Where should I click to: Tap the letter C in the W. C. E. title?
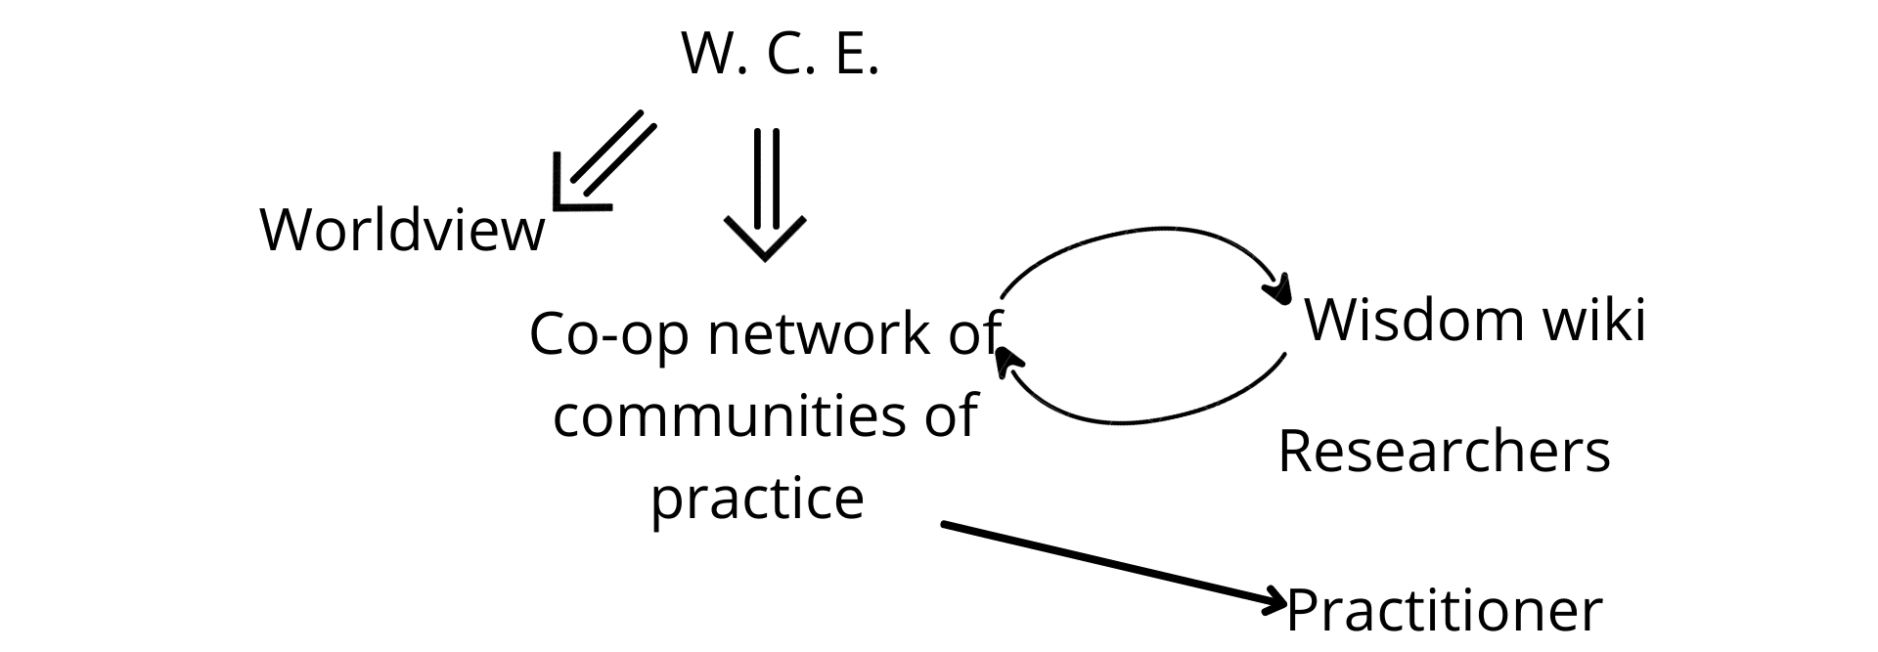click(784, 54)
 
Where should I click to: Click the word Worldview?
click(402, 230)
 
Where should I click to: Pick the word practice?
click(758, 499)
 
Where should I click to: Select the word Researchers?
click(1444, 452)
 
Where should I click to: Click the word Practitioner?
click(1445, 611)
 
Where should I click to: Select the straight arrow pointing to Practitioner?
click(1113, 564)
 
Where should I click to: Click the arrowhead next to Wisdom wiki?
click(1276, 290)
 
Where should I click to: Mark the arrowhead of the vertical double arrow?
click(766, 239)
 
